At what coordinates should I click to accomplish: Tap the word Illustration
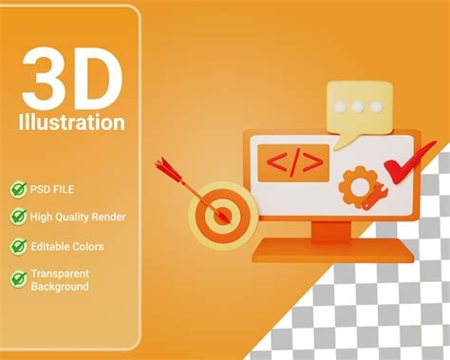coord(71,123)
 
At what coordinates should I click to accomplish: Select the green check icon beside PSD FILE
coord(18,189)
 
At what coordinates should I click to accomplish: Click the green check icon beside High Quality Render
coord(18,217)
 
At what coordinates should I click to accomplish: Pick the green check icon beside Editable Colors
coord(18,246)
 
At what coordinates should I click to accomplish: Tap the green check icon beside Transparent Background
coord(18,278)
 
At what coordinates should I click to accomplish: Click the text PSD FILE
coord(56,189)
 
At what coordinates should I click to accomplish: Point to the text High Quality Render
coord(77,217)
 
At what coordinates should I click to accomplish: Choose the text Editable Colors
coord(66,246)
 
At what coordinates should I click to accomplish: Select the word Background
coord(59,286)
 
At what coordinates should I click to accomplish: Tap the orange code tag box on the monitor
coord(294,161)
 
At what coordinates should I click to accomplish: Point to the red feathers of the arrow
coord(169,169)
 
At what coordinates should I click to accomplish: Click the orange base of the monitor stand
coord(332,250)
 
